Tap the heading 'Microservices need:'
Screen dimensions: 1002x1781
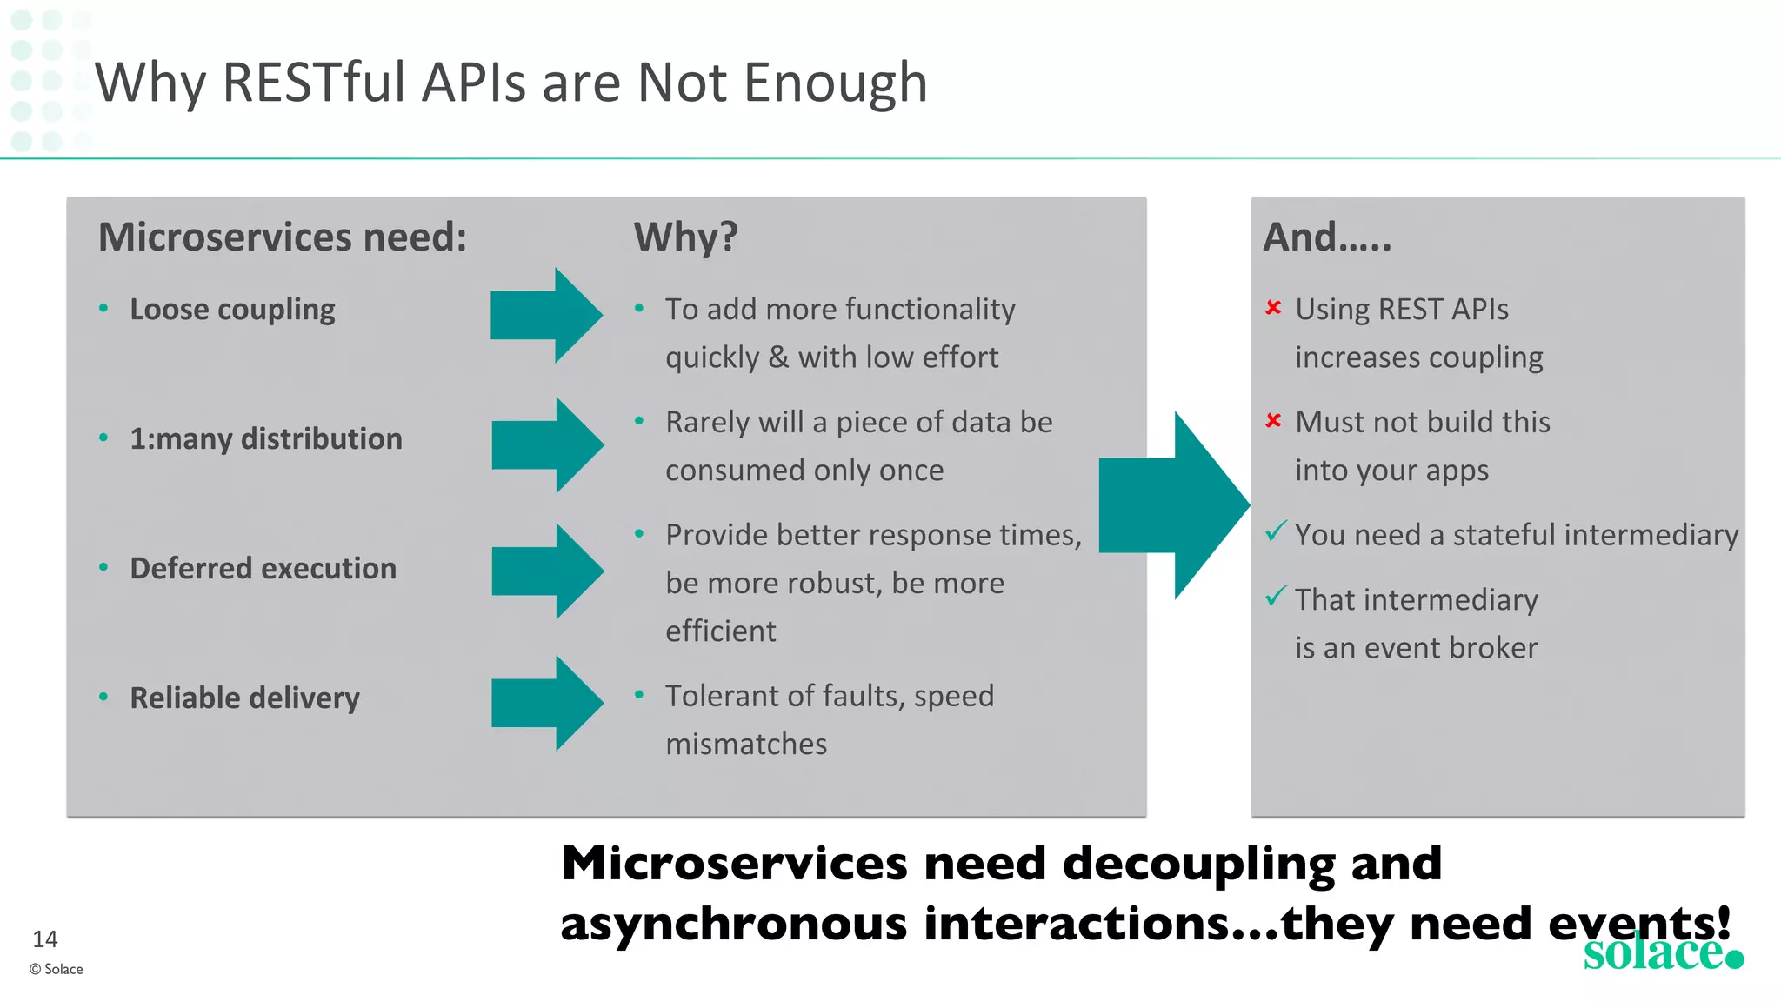[x=283, y=237]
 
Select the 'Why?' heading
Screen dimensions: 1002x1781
[x=685, y=237]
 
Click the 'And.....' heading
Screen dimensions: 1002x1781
[x=1327, y=237]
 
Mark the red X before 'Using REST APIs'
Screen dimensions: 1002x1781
[x=1274, y=307]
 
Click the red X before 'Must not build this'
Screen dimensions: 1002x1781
[x=1274, y=420]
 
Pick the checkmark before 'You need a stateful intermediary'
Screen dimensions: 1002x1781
[x=1276, y=531]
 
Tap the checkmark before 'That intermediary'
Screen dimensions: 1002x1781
[x=1276, y=596]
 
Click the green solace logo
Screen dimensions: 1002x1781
[x=1662, y=952]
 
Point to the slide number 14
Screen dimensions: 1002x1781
[x=45, y=939]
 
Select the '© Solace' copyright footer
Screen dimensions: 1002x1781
[x=57, y=969]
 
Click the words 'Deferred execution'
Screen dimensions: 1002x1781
[x=263, y=569]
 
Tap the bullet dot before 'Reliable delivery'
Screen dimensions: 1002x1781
[x=103, y=697]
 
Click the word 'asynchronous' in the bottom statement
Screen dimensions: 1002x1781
[x=734, y=924]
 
